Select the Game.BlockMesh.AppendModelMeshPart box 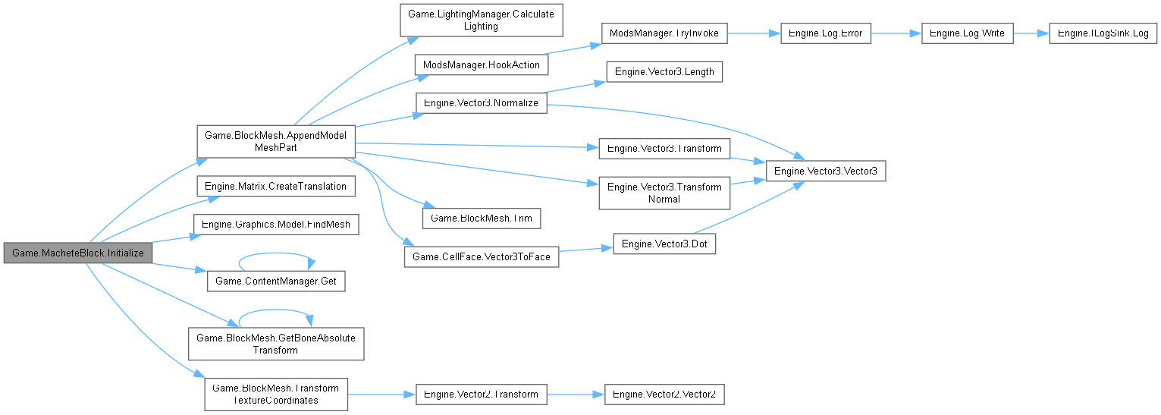pos(276,141)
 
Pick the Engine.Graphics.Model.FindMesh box pos(276,225)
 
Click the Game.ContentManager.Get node pos(276,281)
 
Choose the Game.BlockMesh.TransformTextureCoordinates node pos(276,394)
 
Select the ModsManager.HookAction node pos(481,64)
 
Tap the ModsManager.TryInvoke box pos(664,33)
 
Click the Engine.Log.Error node pos(826,33)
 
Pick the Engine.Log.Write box pos(967,33)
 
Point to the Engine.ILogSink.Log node pos(1103,33)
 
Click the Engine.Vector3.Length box pos(664,72)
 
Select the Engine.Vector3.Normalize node pos(481,102)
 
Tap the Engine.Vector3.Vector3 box pos(825,171)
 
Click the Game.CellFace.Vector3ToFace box pos(481,257)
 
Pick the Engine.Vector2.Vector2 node pos(664,395)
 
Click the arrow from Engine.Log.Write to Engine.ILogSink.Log pos(1031,33)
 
